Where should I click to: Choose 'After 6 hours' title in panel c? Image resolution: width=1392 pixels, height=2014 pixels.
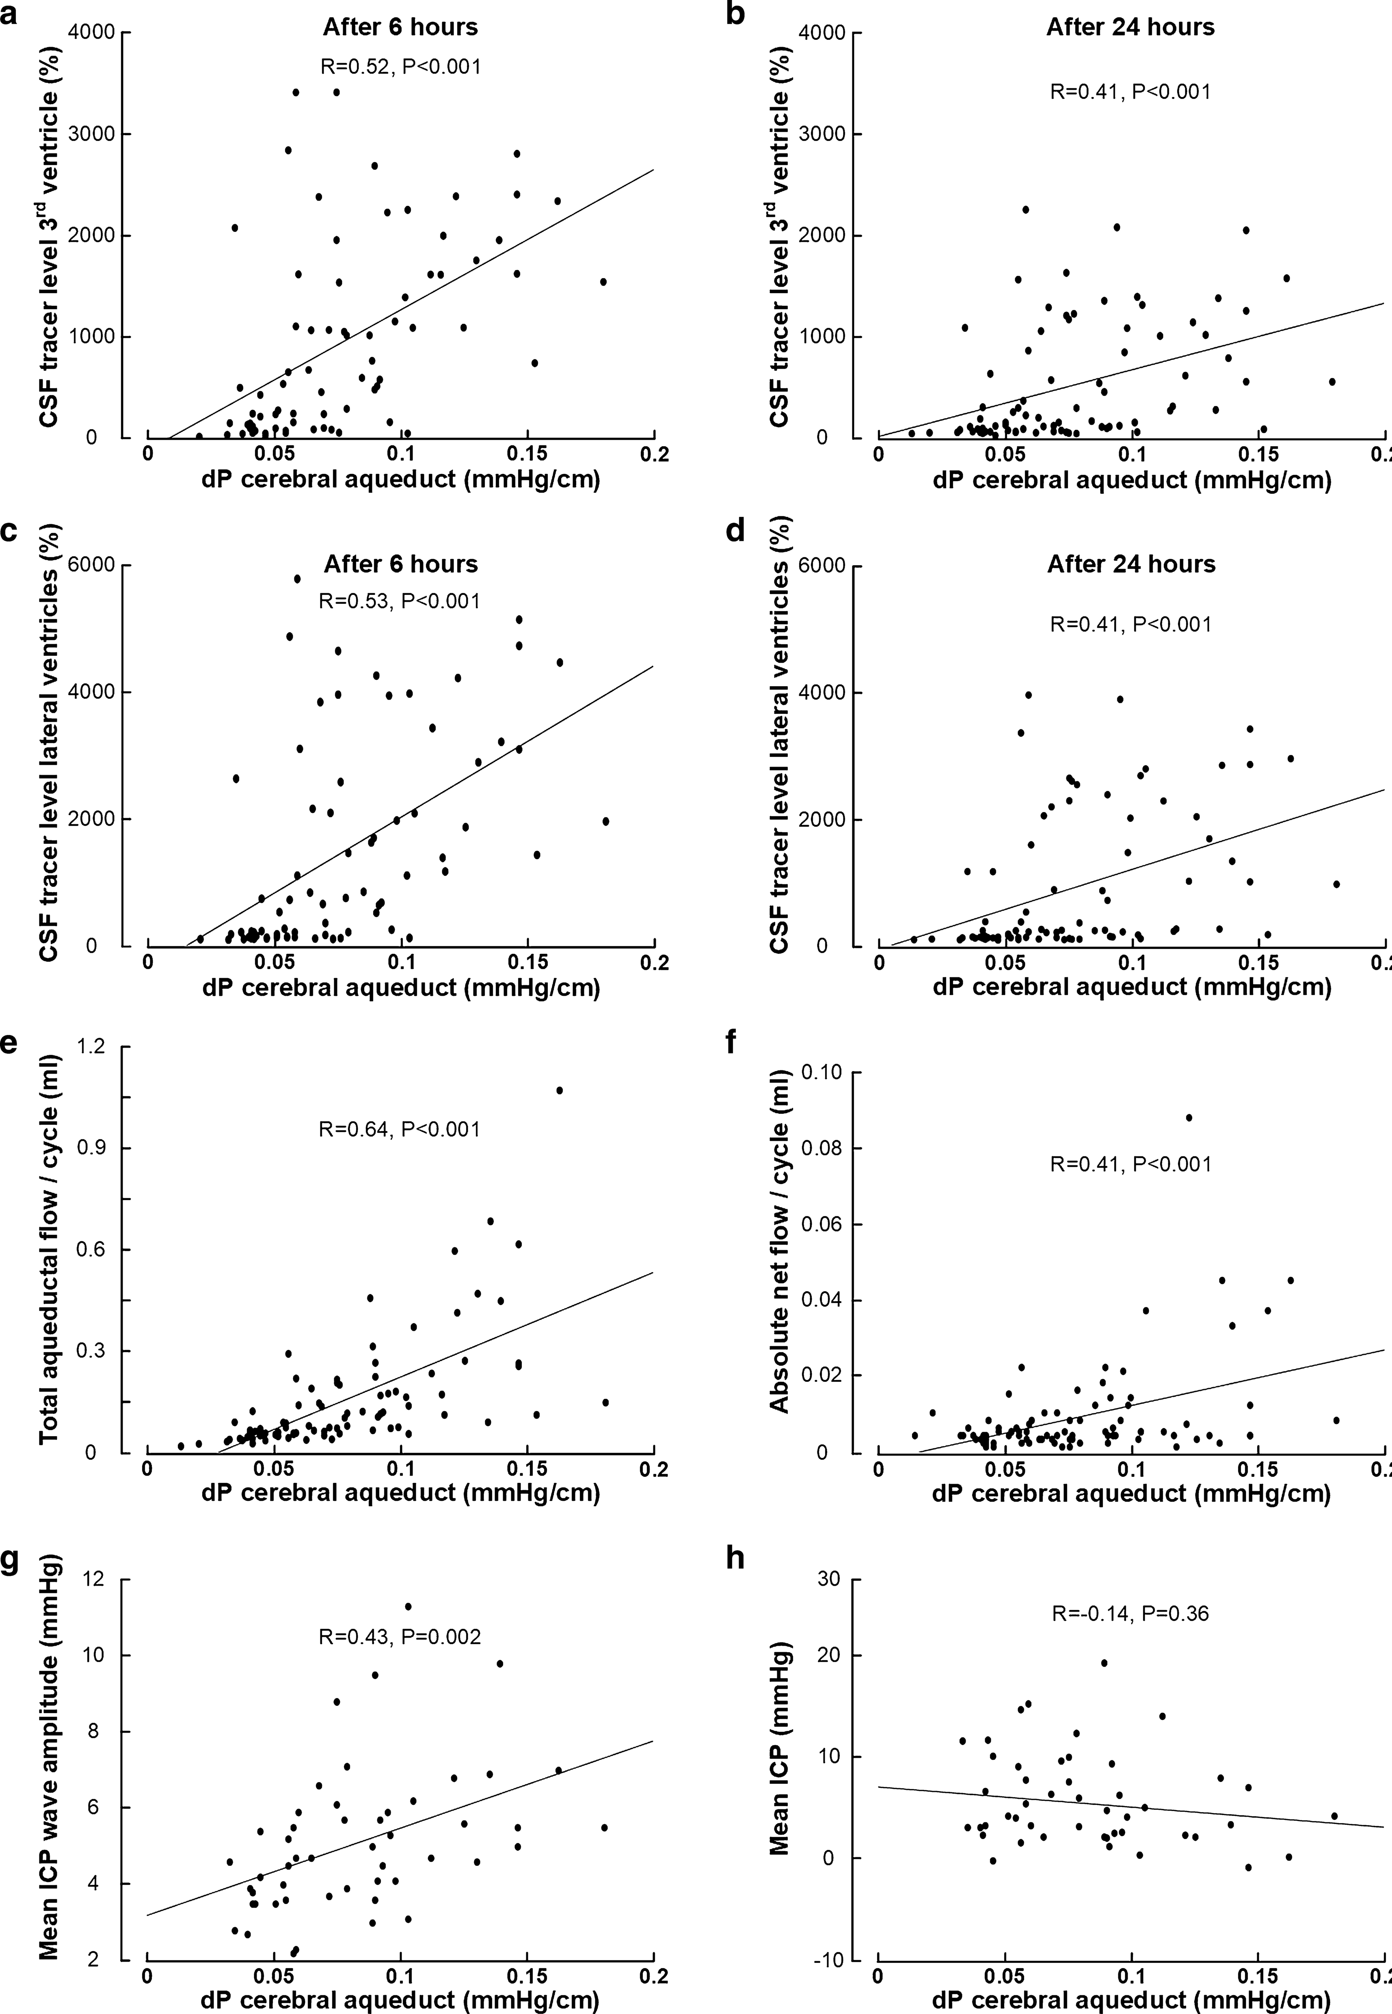click(400, 564)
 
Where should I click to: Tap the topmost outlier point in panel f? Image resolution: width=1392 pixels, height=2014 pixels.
click(1188, 1117)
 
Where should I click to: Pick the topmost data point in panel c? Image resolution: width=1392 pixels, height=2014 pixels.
click(297, 578)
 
